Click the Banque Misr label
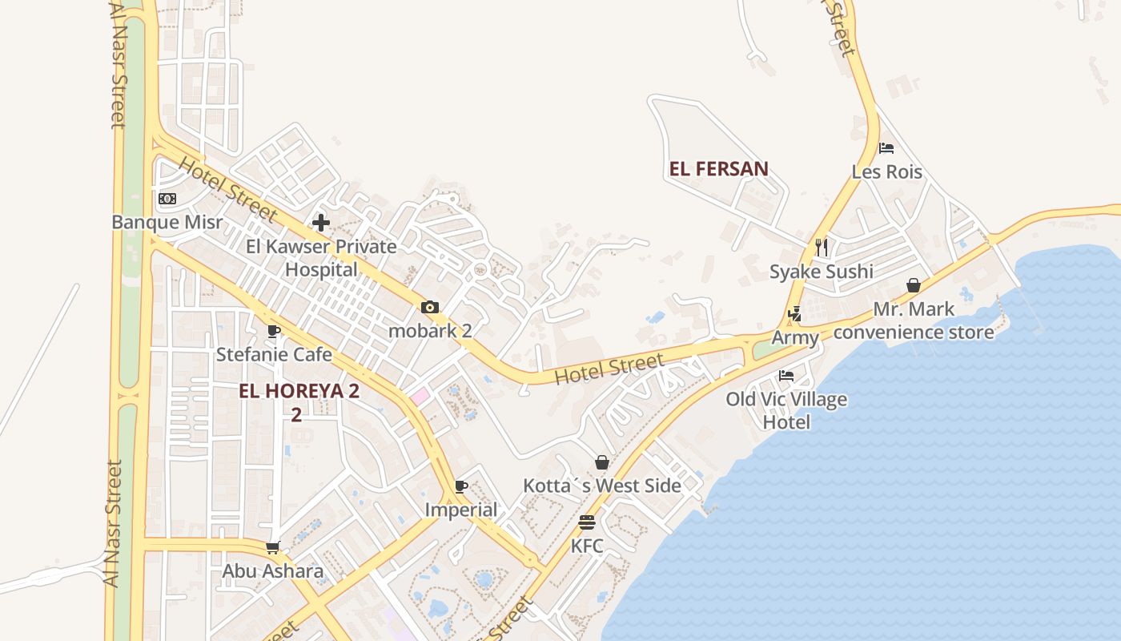pos(167,222)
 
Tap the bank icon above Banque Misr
pos(167,199)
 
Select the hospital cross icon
pos(321,223)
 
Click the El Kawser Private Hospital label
pos(321,257)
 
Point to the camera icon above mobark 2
pos(430,308)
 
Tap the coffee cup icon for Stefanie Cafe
pos(274,331)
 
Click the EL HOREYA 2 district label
pos(299,391)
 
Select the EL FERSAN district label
pos(718,169)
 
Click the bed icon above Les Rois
pos(886,148)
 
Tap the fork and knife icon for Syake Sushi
pos(821,247)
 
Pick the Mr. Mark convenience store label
pos(914,320)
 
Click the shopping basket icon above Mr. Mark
pos(914,285)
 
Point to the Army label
pos(795,338)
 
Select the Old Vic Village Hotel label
pos(786,410)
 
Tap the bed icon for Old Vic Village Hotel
pos(786,376)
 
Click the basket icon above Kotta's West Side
pos(602,462)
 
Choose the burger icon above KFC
pos(587,522)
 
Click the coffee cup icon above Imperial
pos(461,486)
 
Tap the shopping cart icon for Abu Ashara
pos(273,548)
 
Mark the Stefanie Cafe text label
pos(274,354)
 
